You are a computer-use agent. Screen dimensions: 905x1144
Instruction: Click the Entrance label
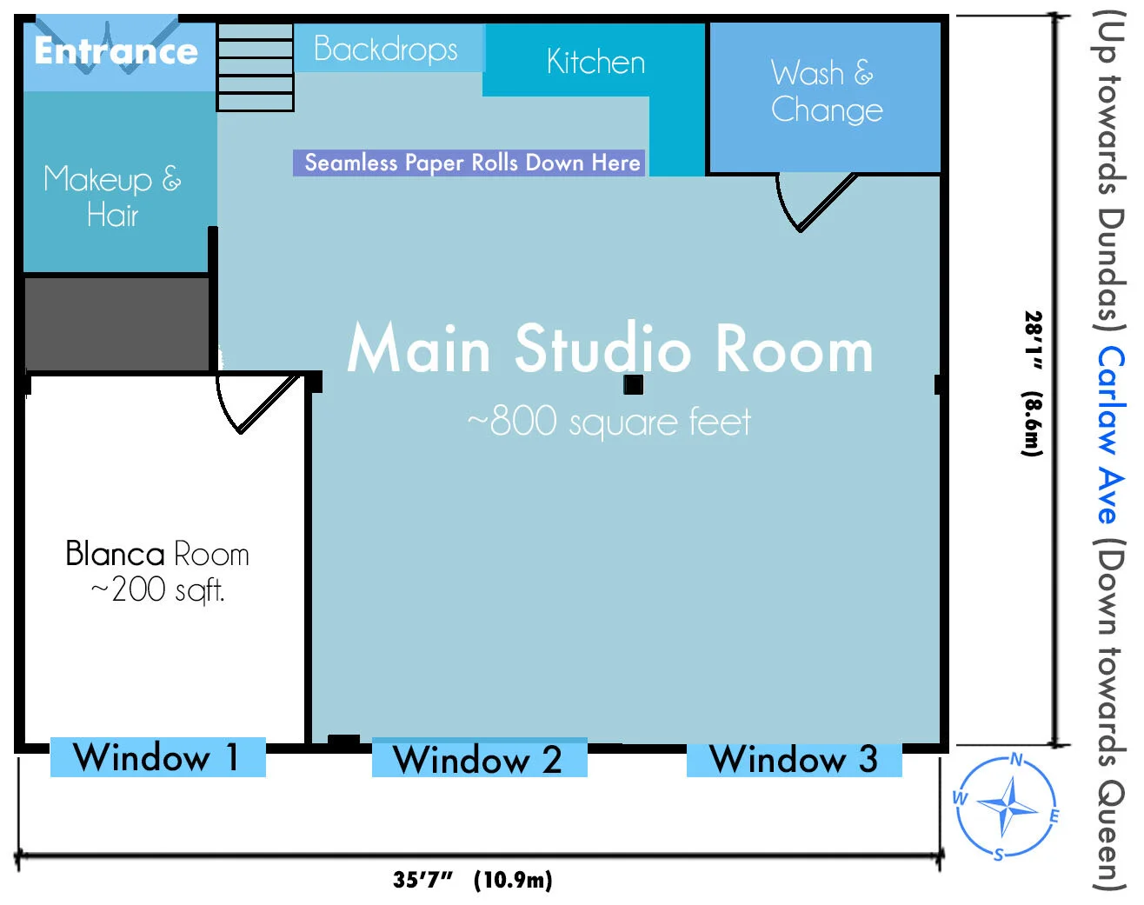116,51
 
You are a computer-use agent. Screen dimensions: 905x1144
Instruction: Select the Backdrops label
386,49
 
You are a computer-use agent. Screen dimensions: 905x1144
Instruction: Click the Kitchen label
595,62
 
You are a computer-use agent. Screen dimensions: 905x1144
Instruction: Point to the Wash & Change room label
826,91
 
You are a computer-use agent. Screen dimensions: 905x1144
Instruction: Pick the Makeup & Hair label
113,196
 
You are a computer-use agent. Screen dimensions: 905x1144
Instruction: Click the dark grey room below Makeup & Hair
116,323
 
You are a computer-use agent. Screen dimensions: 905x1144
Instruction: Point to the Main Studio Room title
609,349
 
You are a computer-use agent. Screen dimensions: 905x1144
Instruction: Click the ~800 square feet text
609,423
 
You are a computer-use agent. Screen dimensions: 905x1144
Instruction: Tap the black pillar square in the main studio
633,384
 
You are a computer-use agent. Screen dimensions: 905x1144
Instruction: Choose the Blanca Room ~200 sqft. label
157,571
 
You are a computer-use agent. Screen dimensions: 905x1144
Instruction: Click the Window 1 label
157,757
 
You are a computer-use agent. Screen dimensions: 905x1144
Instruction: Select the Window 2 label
479,760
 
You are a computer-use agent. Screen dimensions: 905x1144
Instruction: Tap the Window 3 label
794,759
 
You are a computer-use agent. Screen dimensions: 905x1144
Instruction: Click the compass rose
1008,806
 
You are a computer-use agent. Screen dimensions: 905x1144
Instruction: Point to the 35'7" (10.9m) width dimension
472,880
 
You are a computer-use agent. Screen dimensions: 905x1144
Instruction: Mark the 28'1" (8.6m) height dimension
1032,383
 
